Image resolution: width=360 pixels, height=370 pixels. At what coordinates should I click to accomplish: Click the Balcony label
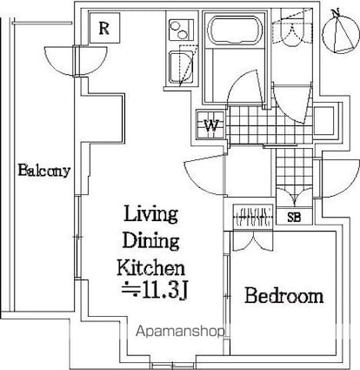click(x=44, y=171)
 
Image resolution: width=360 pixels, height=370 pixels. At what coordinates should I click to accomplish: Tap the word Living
click(x=150, y=214)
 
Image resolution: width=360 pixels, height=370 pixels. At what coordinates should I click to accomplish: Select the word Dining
click(x=150, y=241)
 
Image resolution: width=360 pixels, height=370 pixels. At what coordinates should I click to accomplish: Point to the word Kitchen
click(x=150, y=268)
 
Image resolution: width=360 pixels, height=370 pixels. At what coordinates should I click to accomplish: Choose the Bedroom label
click(x=284, y=296)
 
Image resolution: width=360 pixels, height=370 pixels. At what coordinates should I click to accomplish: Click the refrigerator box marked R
click(x=104, y=28)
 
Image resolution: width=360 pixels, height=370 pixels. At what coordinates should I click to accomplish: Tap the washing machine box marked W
click(x=210, y=125)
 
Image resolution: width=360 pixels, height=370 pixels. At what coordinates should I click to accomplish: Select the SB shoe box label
click(x=294, y=217)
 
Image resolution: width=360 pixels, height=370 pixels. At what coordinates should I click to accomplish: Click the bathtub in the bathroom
click(x=235, y=30)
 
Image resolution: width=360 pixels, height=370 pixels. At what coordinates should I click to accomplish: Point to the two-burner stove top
click(x=181, y=30)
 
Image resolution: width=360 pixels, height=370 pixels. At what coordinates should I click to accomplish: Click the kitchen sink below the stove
click(x=181, y=67)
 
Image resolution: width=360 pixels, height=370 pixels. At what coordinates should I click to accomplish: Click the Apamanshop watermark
click(x=180, y=332)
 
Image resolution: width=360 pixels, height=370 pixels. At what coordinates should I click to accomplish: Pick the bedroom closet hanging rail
click(x=253, y=218)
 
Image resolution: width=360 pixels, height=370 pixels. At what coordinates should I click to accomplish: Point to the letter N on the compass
click(x=336, y=12)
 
